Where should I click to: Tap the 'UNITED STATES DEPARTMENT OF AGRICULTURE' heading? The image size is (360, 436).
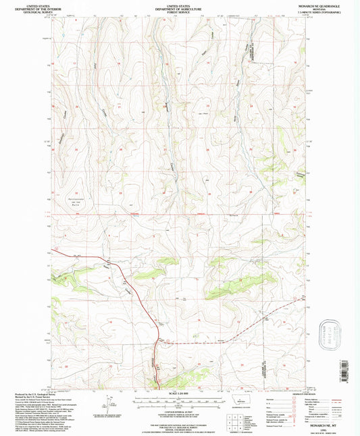(180, 6)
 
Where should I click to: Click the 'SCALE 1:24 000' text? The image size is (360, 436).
(178, 393)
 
